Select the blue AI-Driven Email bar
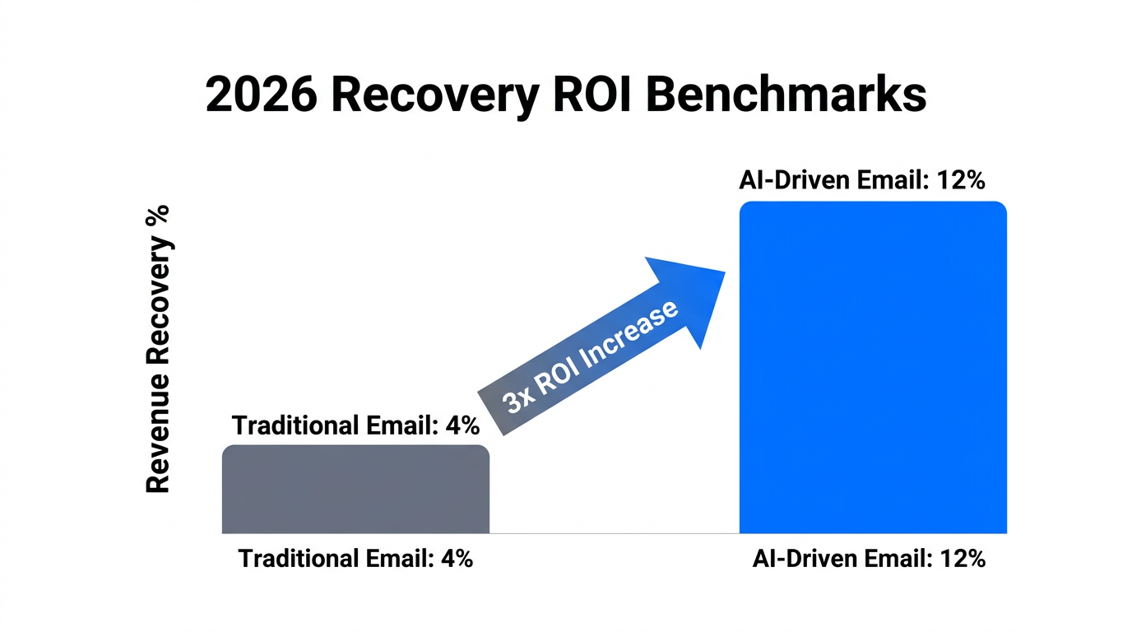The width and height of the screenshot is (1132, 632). pos(873,368)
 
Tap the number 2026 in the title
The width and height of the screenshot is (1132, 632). pos(259,96)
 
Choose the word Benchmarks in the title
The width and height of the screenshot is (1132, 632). pos(786,96)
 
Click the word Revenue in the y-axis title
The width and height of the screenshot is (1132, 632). pos(157,448)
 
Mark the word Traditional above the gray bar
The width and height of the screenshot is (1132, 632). pos(295,425)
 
